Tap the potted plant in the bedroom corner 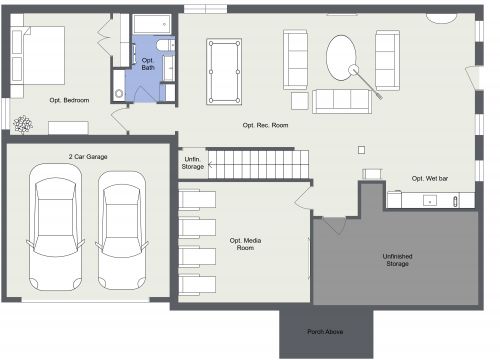(x=22, y=124)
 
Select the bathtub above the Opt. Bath (x=152, y=24)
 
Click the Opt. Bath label (x=147, y=63)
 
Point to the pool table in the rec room (x=223, y=70)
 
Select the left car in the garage (x=55, y=226)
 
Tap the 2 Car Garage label (x=88, y=157)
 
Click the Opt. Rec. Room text (x=265, y=125)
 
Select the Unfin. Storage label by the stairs (x=193, y=163)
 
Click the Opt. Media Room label (x=245, y=244)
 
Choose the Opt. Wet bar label (x=429, y=178)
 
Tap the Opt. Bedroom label (x=69, y=100)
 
